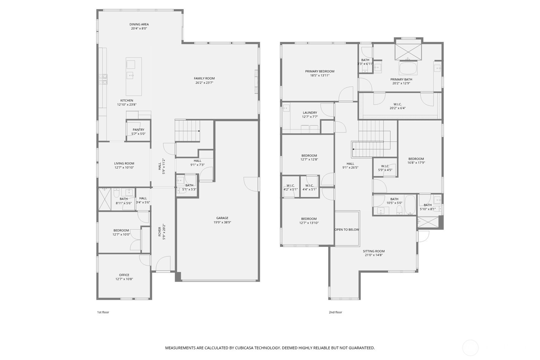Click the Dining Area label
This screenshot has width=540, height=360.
click(139, 24)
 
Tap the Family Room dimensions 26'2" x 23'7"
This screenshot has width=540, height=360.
click(204, 83)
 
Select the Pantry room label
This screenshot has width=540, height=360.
click(138, 130)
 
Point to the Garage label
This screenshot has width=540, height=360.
click(222, 218)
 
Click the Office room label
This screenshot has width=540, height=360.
click(124, 275)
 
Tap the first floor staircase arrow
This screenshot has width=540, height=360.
click(199, 131)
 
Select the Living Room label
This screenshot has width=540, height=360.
click(124, 163)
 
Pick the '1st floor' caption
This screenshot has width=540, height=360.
click(103, 312)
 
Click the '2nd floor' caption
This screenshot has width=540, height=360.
click(335, 312)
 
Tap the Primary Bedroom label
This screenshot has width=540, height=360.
click(319, 71)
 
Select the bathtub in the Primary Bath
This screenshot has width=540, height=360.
click(408, 68)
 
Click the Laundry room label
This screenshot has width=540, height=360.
click(310, 113)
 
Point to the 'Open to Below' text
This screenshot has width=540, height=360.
click(347, 229)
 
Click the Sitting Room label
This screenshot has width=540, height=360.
click(374, 251)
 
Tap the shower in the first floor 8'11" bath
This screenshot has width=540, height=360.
click(104, 199)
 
